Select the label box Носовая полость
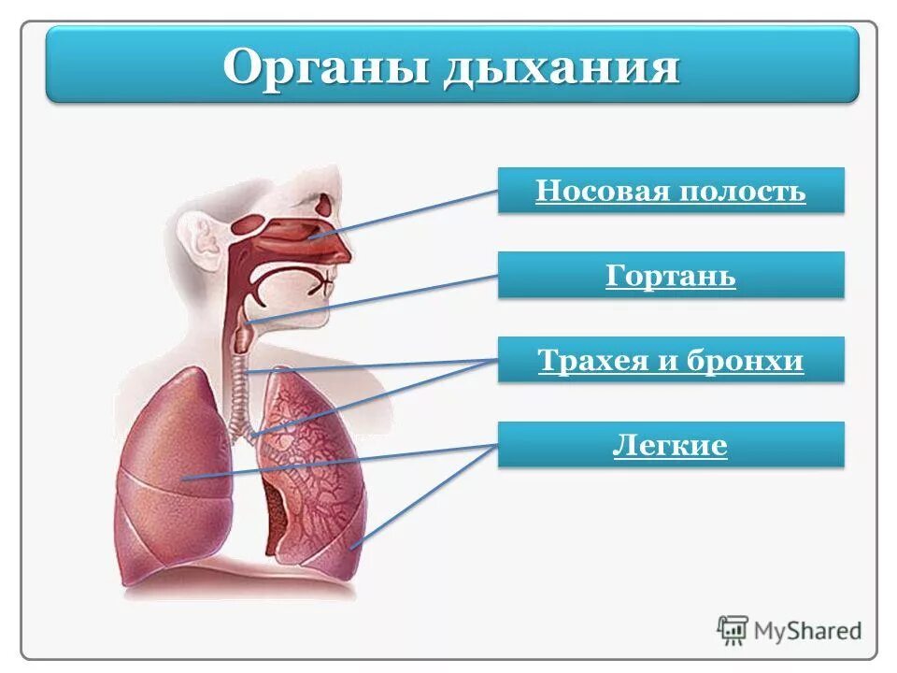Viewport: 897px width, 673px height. pos(671,191)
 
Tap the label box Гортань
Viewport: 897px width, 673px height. pos(671,276)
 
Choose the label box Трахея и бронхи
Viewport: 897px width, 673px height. pos(671,360)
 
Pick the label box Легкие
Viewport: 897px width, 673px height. pos(671,445)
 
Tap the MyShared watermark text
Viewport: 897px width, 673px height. pos(808,630)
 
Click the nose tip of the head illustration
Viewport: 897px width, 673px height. pos(349,251)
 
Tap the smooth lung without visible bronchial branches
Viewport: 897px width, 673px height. pos(173,467)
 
